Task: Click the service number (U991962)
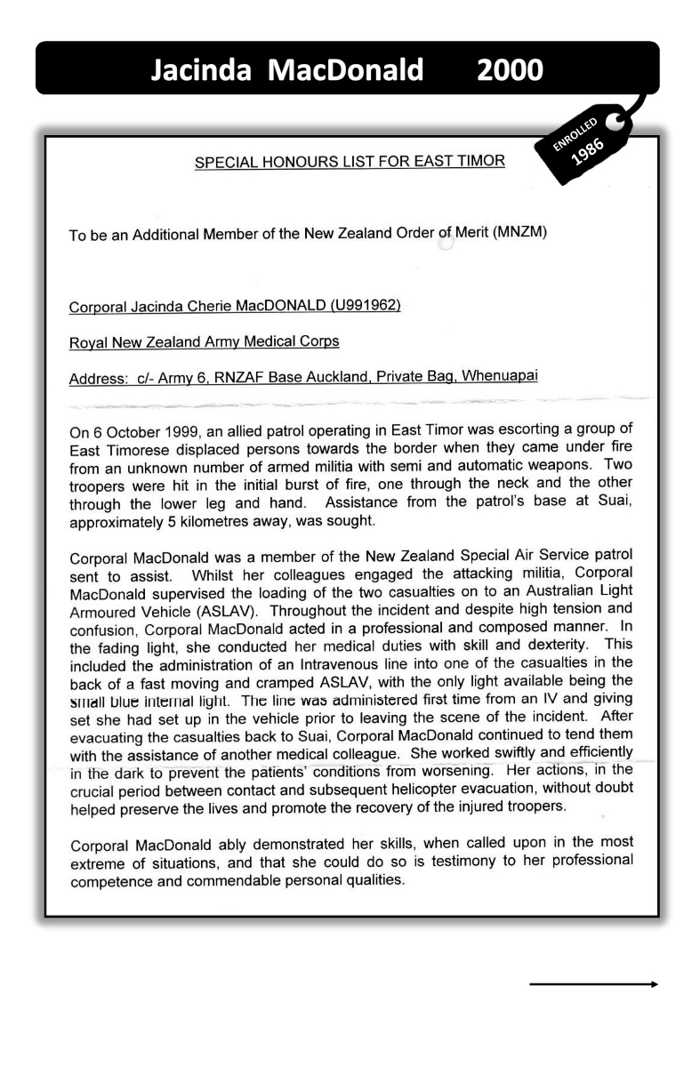355,308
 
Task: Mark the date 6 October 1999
144,433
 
